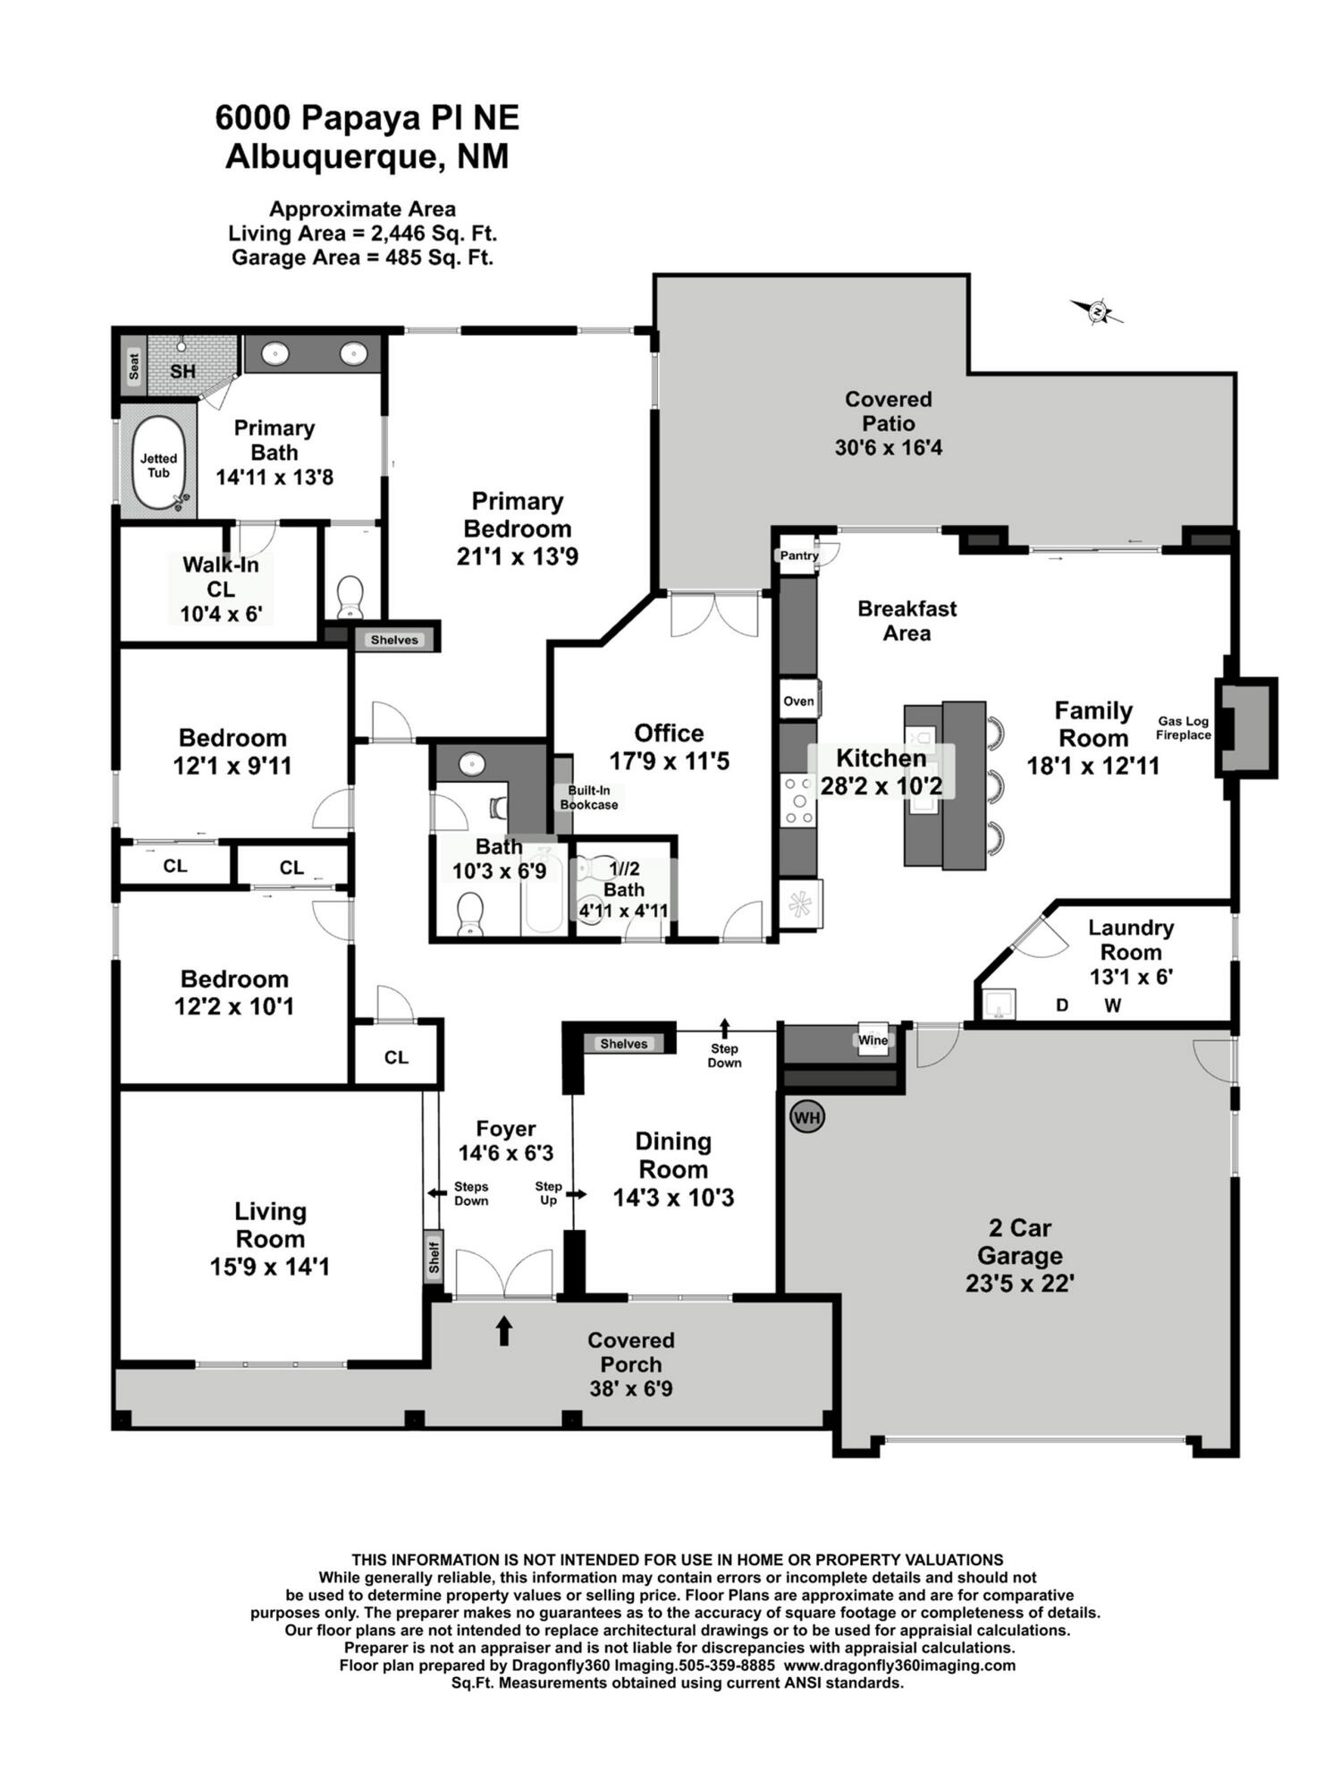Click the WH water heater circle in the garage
(x=807, y=1116)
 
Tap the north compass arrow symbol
(x=1097, y=311)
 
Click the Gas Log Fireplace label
(x=1184, y=728)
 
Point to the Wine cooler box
(x=873, y=1039)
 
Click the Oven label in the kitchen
(x=798, y=701)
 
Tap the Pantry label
(x=799, y=555)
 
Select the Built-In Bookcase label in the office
(x=589, y=797)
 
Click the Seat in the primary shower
(x=134, y=367)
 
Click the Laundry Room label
(x=1131, y=940)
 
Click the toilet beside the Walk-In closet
(x=350, y=597)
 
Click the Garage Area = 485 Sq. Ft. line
(x=363, y=258)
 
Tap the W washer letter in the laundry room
(x=1112, y=1005)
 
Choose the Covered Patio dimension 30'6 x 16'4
(x=889, y=447)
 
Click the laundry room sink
(x=999, y=1004)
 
